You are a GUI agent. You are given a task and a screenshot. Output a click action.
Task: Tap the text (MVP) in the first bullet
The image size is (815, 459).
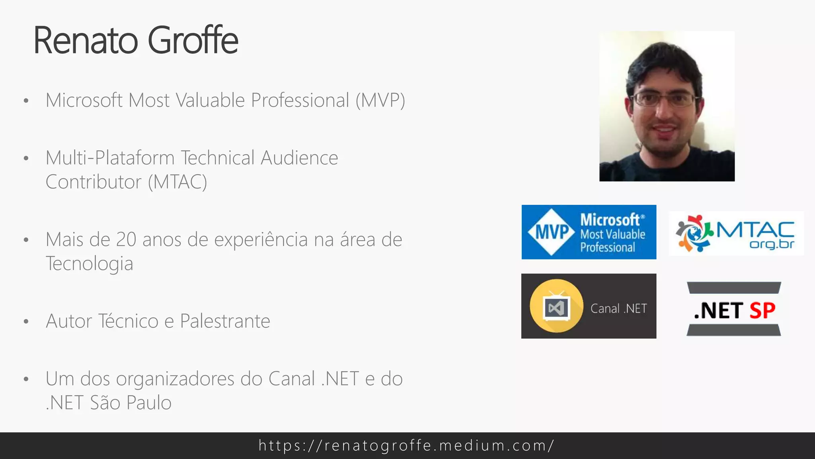click(x=380, y=100)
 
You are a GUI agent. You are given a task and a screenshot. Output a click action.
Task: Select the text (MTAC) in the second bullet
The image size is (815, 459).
click(x=177, y=182)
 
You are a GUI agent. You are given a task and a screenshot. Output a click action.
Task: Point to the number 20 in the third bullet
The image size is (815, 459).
click(x=126, y=240)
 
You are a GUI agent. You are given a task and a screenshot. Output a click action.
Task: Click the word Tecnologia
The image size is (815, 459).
click(x=90, y=264)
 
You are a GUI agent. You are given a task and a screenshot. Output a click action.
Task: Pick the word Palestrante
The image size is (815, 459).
click(x=225, y=321)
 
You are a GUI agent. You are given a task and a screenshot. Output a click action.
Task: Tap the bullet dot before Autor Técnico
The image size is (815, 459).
click(x=26, y=322)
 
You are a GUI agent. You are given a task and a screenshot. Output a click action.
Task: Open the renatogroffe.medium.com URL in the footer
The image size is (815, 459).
click(x=406, y=445)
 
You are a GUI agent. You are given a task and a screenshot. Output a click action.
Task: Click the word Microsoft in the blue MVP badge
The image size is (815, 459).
click(x=610, y=220)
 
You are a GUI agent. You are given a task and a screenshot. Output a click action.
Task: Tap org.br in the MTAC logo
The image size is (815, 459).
click(x=772, y=244)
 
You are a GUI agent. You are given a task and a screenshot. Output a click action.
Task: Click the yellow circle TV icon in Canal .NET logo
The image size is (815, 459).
click(x=556, y=306)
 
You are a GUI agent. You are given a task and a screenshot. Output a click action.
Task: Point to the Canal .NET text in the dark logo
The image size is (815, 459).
click(x=618, y=309)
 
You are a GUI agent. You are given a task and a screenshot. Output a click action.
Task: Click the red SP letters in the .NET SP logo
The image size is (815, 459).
click(x=762, y=311)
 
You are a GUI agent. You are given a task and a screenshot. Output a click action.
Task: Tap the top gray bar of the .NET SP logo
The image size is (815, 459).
click(x=734, y=288)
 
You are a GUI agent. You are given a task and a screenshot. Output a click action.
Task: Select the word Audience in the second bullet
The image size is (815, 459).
click(x=299, y=158)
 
